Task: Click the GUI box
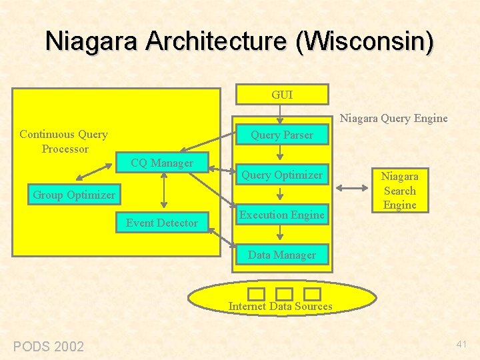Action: point(282,95)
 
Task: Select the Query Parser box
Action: point(282,135)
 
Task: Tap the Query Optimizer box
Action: point(282,175)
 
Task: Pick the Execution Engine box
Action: point(282,215)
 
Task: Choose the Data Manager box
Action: point(282,255)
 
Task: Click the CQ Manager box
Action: point(162,163)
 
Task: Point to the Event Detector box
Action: point(162,223)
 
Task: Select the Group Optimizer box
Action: point(74,195)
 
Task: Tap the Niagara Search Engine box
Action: point(399,191)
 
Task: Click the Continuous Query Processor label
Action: point(64,141)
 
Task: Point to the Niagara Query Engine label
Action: point(394,119)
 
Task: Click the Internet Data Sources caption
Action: point(280,307)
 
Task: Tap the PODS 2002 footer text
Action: point(49,346)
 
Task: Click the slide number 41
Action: point(462,344)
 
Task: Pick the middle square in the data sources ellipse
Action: point(284,294)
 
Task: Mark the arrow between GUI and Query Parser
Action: point(282,115)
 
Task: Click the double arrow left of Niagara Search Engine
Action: point(353,189)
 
